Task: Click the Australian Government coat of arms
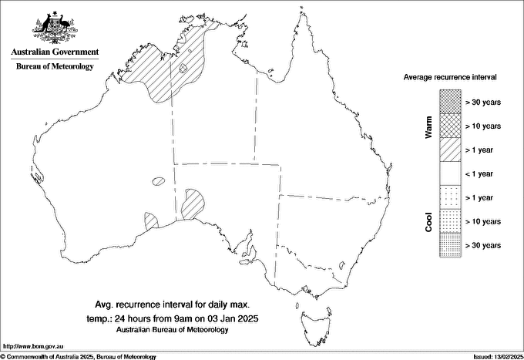(x=55, y=28)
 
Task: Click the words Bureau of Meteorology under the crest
(x=55, y=67)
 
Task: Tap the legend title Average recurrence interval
(x=451, y=78)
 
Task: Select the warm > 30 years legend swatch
(x=450, y=101)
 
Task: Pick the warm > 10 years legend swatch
(x=450, y=125)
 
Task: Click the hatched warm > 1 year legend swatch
(x=450, y=149)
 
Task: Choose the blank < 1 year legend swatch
(x=450, y=173)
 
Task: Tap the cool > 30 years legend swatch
(x=450, y=245)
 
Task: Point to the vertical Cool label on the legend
(x=428, y=221)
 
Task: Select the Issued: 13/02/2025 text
(x=497, y=356)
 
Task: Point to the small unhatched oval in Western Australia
(x=159, y=182)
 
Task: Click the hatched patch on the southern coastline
(x=151, y=221)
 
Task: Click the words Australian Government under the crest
(x=55, y=52)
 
